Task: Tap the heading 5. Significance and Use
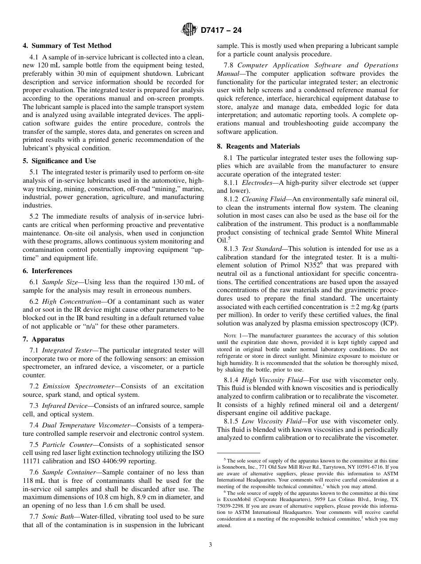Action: pos(59,161)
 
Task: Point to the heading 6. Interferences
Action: pos(47,271)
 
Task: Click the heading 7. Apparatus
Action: pos(43,339)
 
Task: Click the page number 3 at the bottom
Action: pos(210,544)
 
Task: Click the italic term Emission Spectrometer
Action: pos(79,386)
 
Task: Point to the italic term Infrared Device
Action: pos(68,406)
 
